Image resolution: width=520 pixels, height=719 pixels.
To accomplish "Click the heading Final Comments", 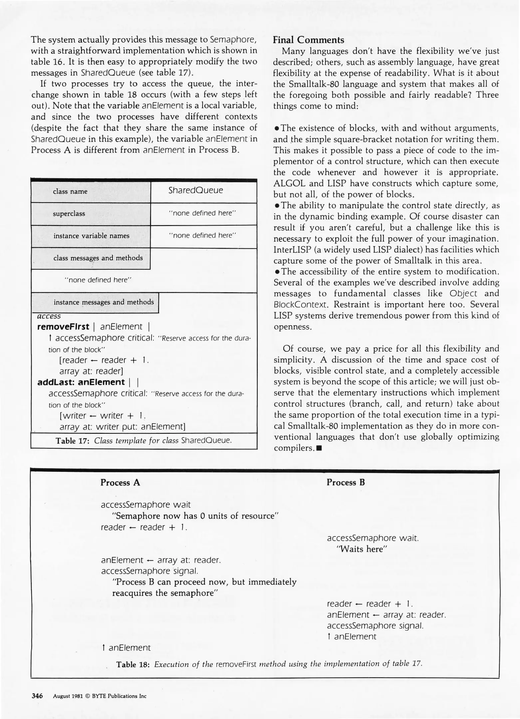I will coord(308,40).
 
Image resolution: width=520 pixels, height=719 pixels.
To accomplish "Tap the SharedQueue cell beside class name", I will coord(195,190).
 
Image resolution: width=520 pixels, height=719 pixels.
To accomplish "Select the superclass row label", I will coord(69,214).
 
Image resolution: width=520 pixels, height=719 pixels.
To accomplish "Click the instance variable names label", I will coord(91,236).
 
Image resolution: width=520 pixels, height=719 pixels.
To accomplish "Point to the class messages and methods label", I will coord(98,258).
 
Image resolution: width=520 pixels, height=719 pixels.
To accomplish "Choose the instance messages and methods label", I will coord(104,302).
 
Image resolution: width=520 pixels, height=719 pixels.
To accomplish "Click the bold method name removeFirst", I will coord(63,327).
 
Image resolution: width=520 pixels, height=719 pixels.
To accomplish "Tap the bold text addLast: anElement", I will coord(81,382).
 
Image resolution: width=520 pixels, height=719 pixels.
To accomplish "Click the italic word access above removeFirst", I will coord(49,316).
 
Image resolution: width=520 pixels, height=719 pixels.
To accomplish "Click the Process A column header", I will coord(120,482).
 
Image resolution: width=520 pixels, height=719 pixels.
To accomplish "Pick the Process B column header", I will coord(346,482).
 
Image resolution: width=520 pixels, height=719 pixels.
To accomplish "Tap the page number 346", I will coord(37,696).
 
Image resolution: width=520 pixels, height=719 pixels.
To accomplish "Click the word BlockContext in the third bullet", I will coord(301,305).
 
